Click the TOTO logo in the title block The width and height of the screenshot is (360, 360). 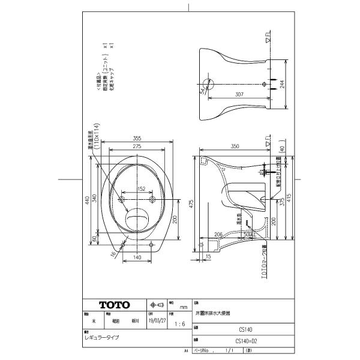point(113,305)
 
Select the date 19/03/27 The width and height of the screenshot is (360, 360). point(157,321)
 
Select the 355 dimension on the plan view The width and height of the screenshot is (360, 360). point(137,139)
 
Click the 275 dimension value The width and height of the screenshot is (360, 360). point(137,146)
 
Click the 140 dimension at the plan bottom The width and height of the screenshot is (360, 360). point(137,257)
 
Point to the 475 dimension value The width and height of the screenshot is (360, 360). point(193,203)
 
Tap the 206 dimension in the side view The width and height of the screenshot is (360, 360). point(219,234)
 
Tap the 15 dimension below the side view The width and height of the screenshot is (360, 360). point(208,257)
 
